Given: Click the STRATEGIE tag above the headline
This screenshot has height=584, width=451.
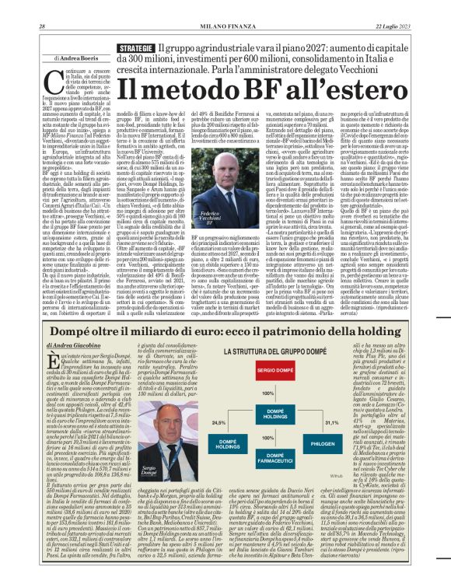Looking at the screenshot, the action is click(135, 47).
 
